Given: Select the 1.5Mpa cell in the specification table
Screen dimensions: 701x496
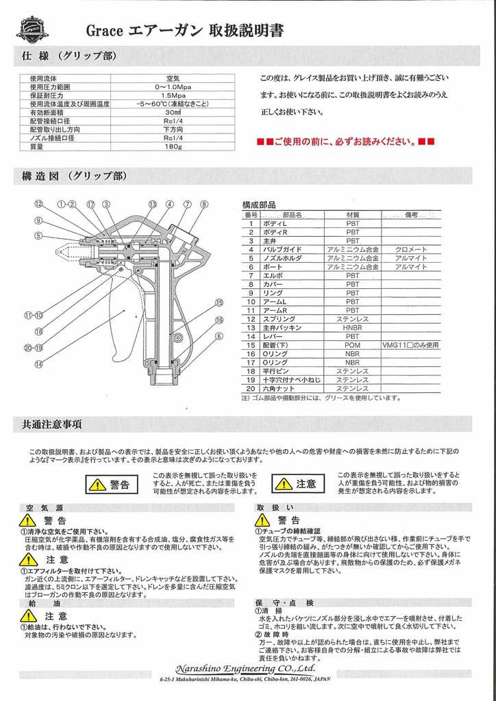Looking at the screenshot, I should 172,95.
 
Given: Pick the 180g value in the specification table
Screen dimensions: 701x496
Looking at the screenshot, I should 172,146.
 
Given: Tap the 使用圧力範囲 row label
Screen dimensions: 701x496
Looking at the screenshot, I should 50,87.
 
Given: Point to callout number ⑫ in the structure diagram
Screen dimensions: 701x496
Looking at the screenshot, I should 39,204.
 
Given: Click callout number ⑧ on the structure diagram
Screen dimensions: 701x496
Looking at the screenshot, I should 203,204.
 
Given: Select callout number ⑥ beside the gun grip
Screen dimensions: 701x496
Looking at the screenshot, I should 219,335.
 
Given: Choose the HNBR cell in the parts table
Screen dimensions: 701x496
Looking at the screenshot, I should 352,328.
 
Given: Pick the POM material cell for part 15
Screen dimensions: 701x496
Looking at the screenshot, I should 352,345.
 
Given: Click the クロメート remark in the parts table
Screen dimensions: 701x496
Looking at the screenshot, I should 411,249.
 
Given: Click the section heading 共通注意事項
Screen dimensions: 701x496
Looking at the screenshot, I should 48,424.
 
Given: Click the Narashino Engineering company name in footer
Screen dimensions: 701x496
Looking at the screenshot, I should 246,668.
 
